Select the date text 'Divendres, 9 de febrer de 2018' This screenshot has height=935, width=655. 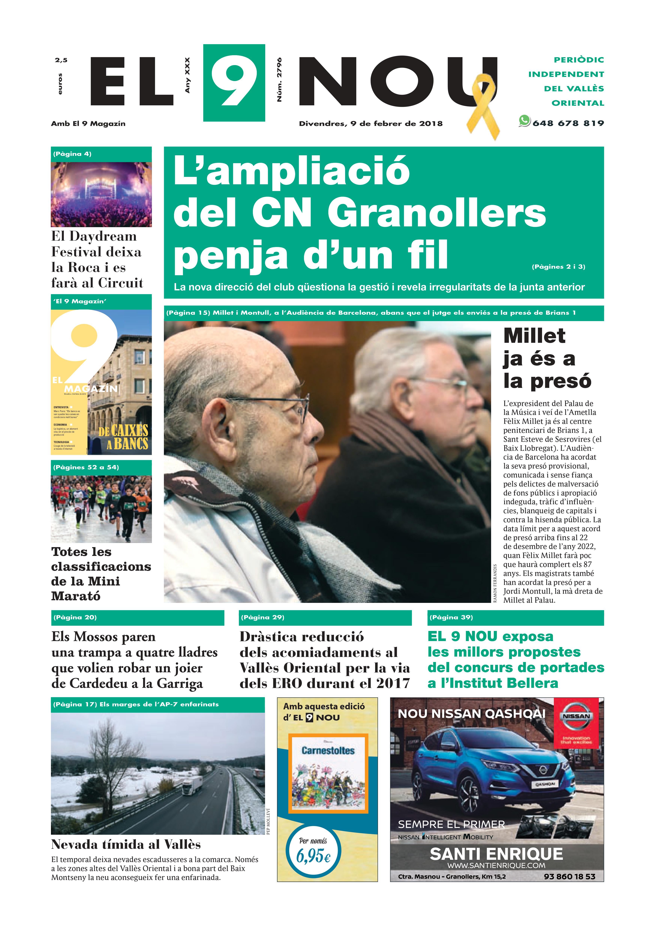[370, 123]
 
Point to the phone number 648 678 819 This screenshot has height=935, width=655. [568, 123]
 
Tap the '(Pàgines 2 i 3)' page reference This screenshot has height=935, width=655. [558, 267]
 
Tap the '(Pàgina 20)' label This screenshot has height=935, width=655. [75, 617]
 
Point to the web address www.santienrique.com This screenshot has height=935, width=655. [496, 865]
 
